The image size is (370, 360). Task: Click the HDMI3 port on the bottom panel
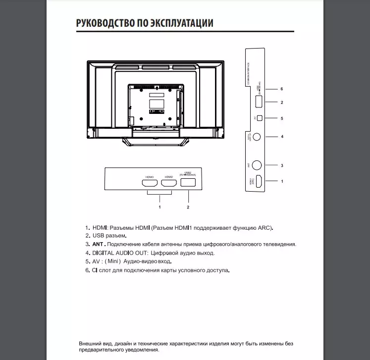point(150,183)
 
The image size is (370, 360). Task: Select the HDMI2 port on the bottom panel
point(169,183)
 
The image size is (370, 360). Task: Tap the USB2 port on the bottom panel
point(188,182)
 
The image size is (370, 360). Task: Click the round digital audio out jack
point(258,137)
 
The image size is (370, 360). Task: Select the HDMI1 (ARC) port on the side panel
point(258,181)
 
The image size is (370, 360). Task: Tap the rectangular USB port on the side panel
point(259,103)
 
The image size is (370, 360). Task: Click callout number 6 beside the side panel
point(281,89)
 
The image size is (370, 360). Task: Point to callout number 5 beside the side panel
point(281,118)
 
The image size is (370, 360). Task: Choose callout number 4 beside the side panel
point(282,137)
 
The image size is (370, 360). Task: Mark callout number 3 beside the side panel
point(282,165)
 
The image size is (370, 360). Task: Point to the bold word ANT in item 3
point(98,244)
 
